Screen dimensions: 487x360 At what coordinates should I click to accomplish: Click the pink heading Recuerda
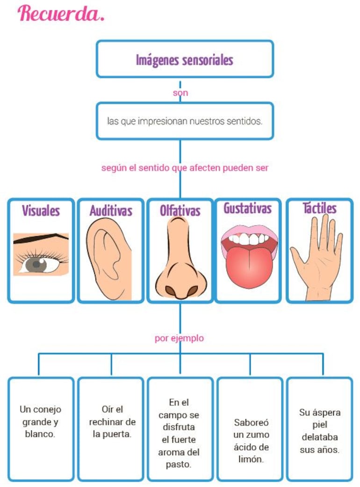coord(61,14)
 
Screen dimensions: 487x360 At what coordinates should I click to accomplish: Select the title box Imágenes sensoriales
coord(184,59)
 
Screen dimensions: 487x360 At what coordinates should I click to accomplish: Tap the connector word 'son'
coord(180,93)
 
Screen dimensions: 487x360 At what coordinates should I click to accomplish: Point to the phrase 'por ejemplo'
coord(180,338)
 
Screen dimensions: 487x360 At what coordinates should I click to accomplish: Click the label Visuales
coord(41,211)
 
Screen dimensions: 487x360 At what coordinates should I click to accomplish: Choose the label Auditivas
coord(111,211)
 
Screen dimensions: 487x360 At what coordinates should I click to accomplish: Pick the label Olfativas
coord(180,211)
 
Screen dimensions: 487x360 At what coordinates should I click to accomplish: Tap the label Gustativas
coord(247,208)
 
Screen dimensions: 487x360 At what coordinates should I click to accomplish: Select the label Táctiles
coord(319,208)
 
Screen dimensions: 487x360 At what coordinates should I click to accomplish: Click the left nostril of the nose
coord(170,291)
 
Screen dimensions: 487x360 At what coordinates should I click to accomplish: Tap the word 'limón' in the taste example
coord(251,459)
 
